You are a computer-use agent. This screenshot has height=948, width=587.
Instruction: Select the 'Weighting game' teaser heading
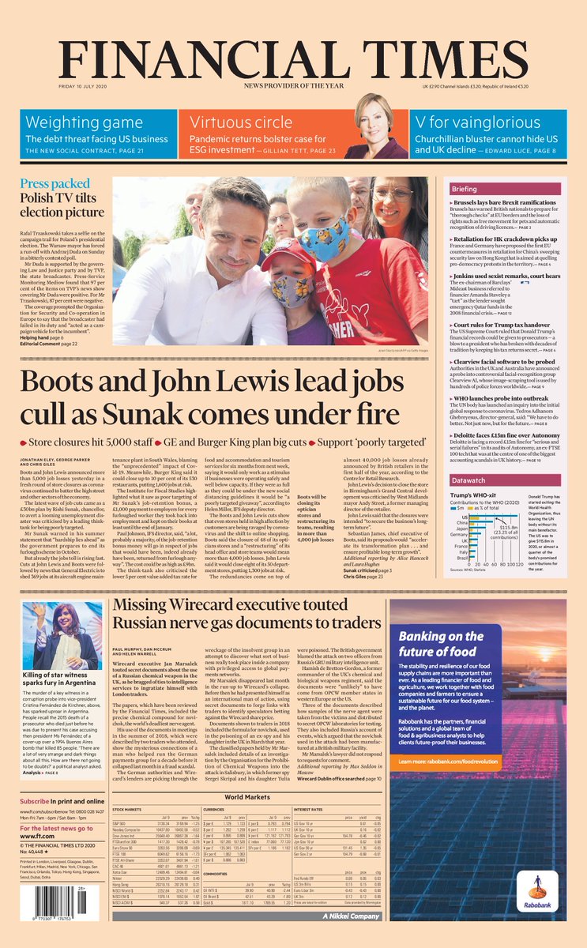coord(73,122)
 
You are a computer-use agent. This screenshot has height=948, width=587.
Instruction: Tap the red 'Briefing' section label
coord(487,190)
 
